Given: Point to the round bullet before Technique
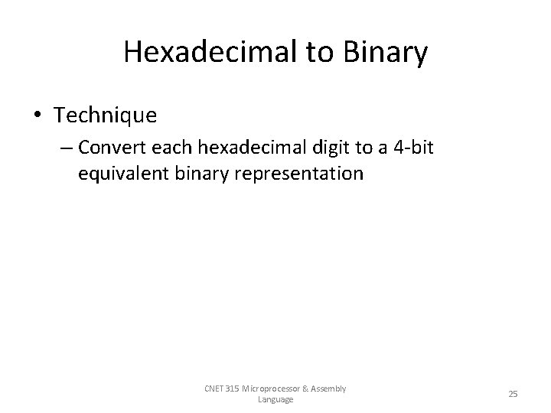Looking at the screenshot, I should coord(37,115).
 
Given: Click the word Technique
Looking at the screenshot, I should coord(106,115).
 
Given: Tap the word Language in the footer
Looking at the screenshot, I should coord(275,399).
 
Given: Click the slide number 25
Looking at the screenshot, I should coord(513,394).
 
